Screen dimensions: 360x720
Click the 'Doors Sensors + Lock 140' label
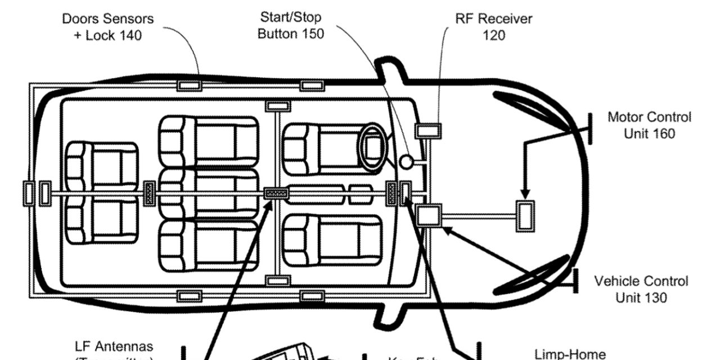(107, 27)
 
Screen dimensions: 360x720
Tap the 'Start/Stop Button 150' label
(291, 25)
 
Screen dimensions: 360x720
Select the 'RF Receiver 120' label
(493, 26)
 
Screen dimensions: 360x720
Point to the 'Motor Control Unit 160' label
(649, 125)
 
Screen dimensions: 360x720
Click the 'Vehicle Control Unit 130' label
(641, 289)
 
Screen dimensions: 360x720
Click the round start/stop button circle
(407, 162)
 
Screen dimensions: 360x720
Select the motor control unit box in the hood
(526, 215)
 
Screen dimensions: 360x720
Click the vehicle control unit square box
(427, 215)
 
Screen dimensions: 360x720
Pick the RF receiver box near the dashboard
(428, 130)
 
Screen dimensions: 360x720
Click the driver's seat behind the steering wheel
(329, 149)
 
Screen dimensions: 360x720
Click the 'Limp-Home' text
(570, 354)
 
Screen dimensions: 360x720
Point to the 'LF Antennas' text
(114, 346)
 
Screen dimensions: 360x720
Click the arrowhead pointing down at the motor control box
(526, 195)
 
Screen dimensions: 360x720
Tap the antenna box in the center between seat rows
(276, 193)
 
